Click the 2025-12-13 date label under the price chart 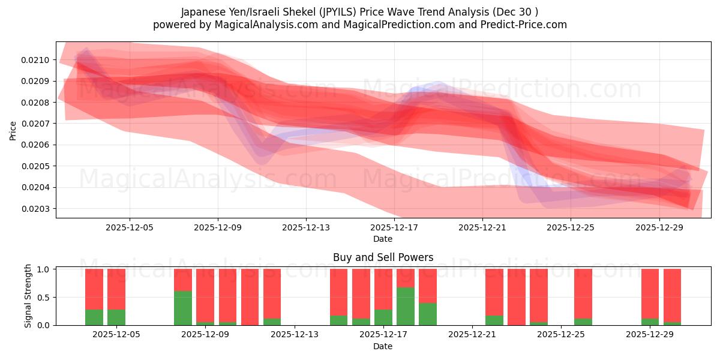306,227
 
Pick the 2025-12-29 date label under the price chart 659,227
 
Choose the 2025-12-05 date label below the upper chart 130,227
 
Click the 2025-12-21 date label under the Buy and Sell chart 472,335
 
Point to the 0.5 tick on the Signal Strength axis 44,298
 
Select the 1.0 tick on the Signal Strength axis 44,269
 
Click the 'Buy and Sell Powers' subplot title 383,257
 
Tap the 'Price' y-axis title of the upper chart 13,130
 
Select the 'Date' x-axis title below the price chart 383,239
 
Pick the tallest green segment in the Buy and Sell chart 406,307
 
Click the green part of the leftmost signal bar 94,317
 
